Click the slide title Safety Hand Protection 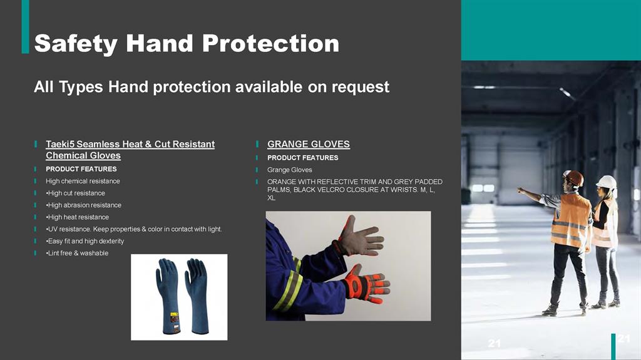click(187, 43)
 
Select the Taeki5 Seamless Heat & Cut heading click(130, 150)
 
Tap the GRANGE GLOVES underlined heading click(309, 144)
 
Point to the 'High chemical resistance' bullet click(83, 181)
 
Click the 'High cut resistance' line click(76, 193)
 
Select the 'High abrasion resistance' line click(84, 205)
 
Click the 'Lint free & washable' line click(77, 253)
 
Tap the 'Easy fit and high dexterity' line click(85, 241)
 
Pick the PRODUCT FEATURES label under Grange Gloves click(303, 158)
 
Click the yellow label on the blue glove click(174, 317)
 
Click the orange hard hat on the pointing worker click(575, 178)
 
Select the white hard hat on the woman click(607, 182)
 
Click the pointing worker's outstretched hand click(520, 190)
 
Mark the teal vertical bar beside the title click(25, 26)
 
